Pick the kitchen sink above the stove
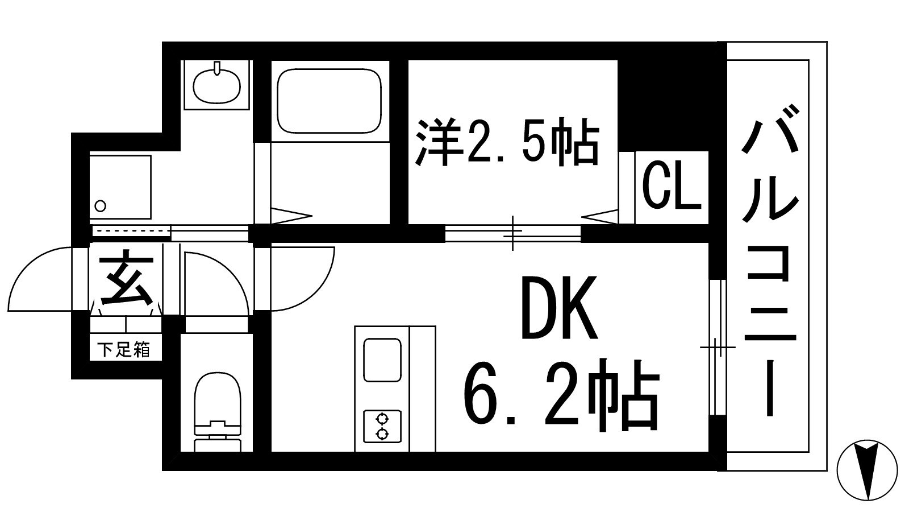[382, 360]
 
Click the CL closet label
[671, 187]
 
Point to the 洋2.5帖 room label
[507, 141]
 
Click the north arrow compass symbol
[868, 470]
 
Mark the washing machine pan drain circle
[101, 205]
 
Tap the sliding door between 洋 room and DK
[512, 233]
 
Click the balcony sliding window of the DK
[718, 347]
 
